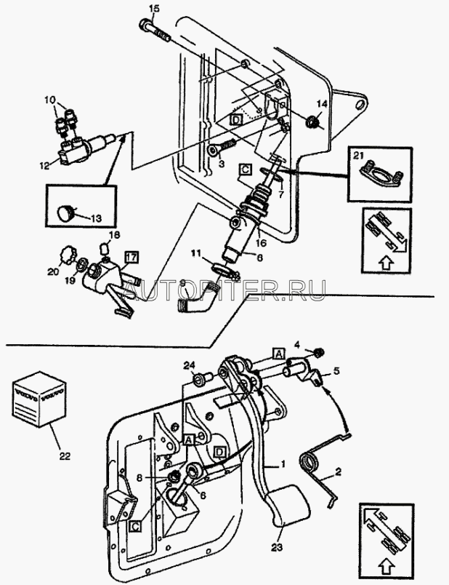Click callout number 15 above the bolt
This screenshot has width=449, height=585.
click(153, 8)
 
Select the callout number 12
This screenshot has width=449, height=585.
click(44, 166)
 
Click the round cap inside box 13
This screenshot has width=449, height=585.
click(68, 213)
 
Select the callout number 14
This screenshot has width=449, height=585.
click(323, 104)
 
